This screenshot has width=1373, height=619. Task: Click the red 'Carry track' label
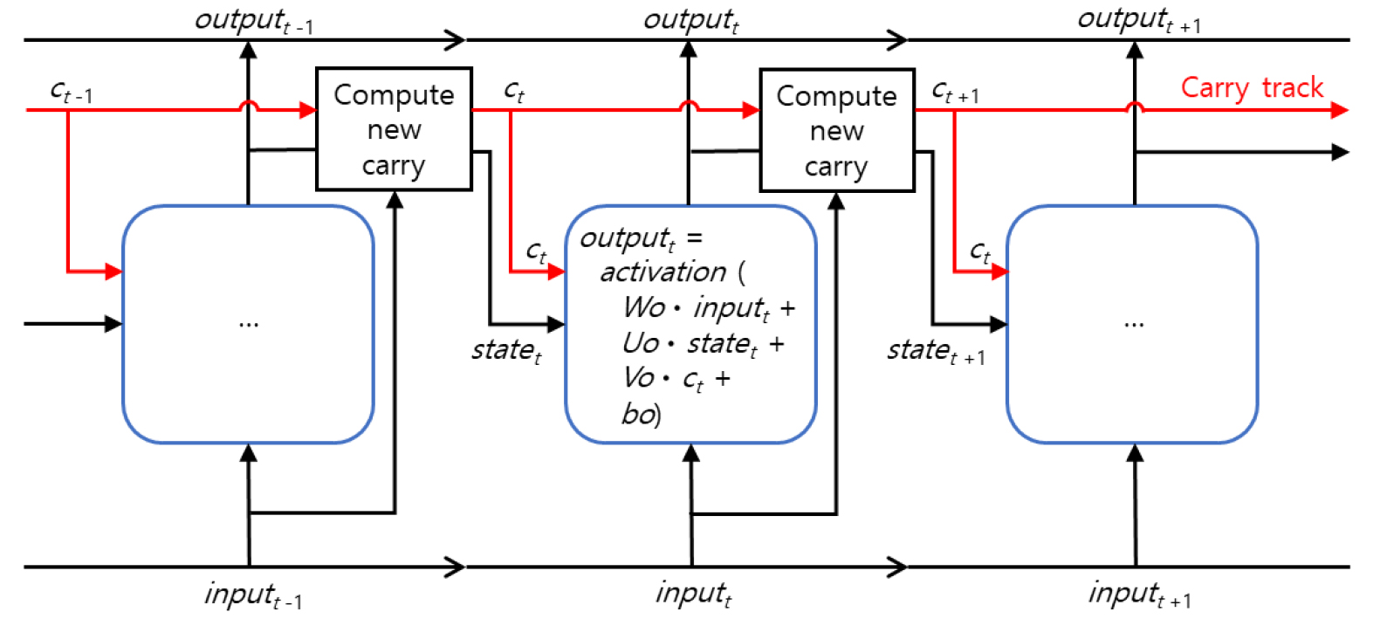(x=1252, y=88)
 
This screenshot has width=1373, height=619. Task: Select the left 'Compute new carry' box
(x=394, y=129)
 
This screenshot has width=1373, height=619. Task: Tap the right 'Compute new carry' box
(x=836, y=130)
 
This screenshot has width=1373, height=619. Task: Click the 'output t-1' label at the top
(x=253, y=21)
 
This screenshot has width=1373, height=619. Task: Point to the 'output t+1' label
(x=1138, y=19)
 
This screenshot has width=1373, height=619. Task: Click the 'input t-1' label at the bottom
(x=253, y=595)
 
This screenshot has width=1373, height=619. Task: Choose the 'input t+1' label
(x=1138, y=595)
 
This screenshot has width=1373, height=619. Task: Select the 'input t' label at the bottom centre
(x=693, y=595)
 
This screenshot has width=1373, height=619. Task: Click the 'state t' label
(x=506, y=351)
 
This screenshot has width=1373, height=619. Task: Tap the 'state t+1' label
(x=935, y=351)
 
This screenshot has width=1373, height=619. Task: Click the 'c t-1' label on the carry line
(x=71, y=91)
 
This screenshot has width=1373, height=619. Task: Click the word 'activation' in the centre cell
(x=663, y=272)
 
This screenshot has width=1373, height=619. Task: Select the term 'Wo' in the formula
(x=643, y=307)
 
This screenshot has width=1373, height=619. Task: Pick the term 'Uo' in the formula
(x=640, y=343)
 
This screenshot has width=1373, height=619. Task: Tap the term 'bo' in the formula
(x=639, y=414)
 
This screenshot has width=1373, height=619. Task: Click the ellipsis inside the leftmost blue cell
(x=249, y=324)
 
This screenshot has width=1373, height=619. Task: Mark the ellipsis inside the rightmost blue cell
(x=1133, y=324)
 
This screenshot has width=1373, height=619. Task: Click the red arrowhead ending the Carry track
(x=1339, y=110)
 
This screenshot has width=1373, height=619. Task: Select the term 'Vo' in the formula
(x=638, y=378)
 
